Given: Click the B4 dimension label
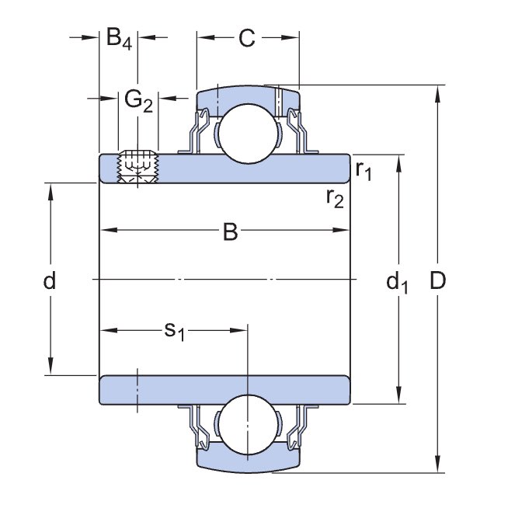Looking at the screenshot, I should pyautogui.click(x=119, y=38).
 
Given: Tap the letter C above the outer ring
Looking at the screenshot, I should pyautogui.click(x=246, y=38).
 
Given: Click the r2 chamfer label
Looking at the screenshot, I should pyautogui.click(x=335, y=199).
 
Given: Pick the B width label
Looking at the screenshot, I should pyautogui.click(x=230, y=231).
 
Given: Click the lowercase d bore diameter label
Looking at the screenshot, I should pyautogui.click(x=50, y=280).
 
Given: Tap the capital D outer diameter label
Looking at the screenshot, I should pyautogui.click(x=439, y=281).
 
